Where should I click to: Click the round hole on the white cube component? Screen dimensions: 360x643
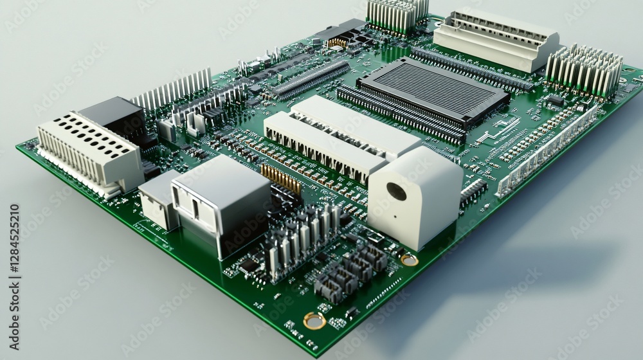coord(396,191)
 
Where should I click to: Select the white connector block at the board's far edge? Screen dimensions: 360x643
coord(496,39)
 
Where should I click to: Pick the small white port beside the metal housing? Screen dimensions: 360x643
coord(158,199)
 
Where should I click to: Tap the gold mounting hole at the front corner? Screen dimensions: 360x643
coord(314,320)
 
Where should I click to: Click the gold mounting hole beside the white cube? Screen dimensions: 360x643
coord(409,260)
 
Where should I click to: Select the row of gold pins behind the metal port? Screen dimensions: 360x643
coord(281,178)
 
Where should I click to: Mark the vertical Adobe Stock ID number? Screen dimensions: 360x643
coord(14,250)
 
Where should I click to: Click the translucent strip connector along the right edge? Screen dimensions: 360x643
coord(547,152)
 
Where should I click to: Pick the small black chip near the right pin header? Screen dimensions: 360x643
coord(555,100)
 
